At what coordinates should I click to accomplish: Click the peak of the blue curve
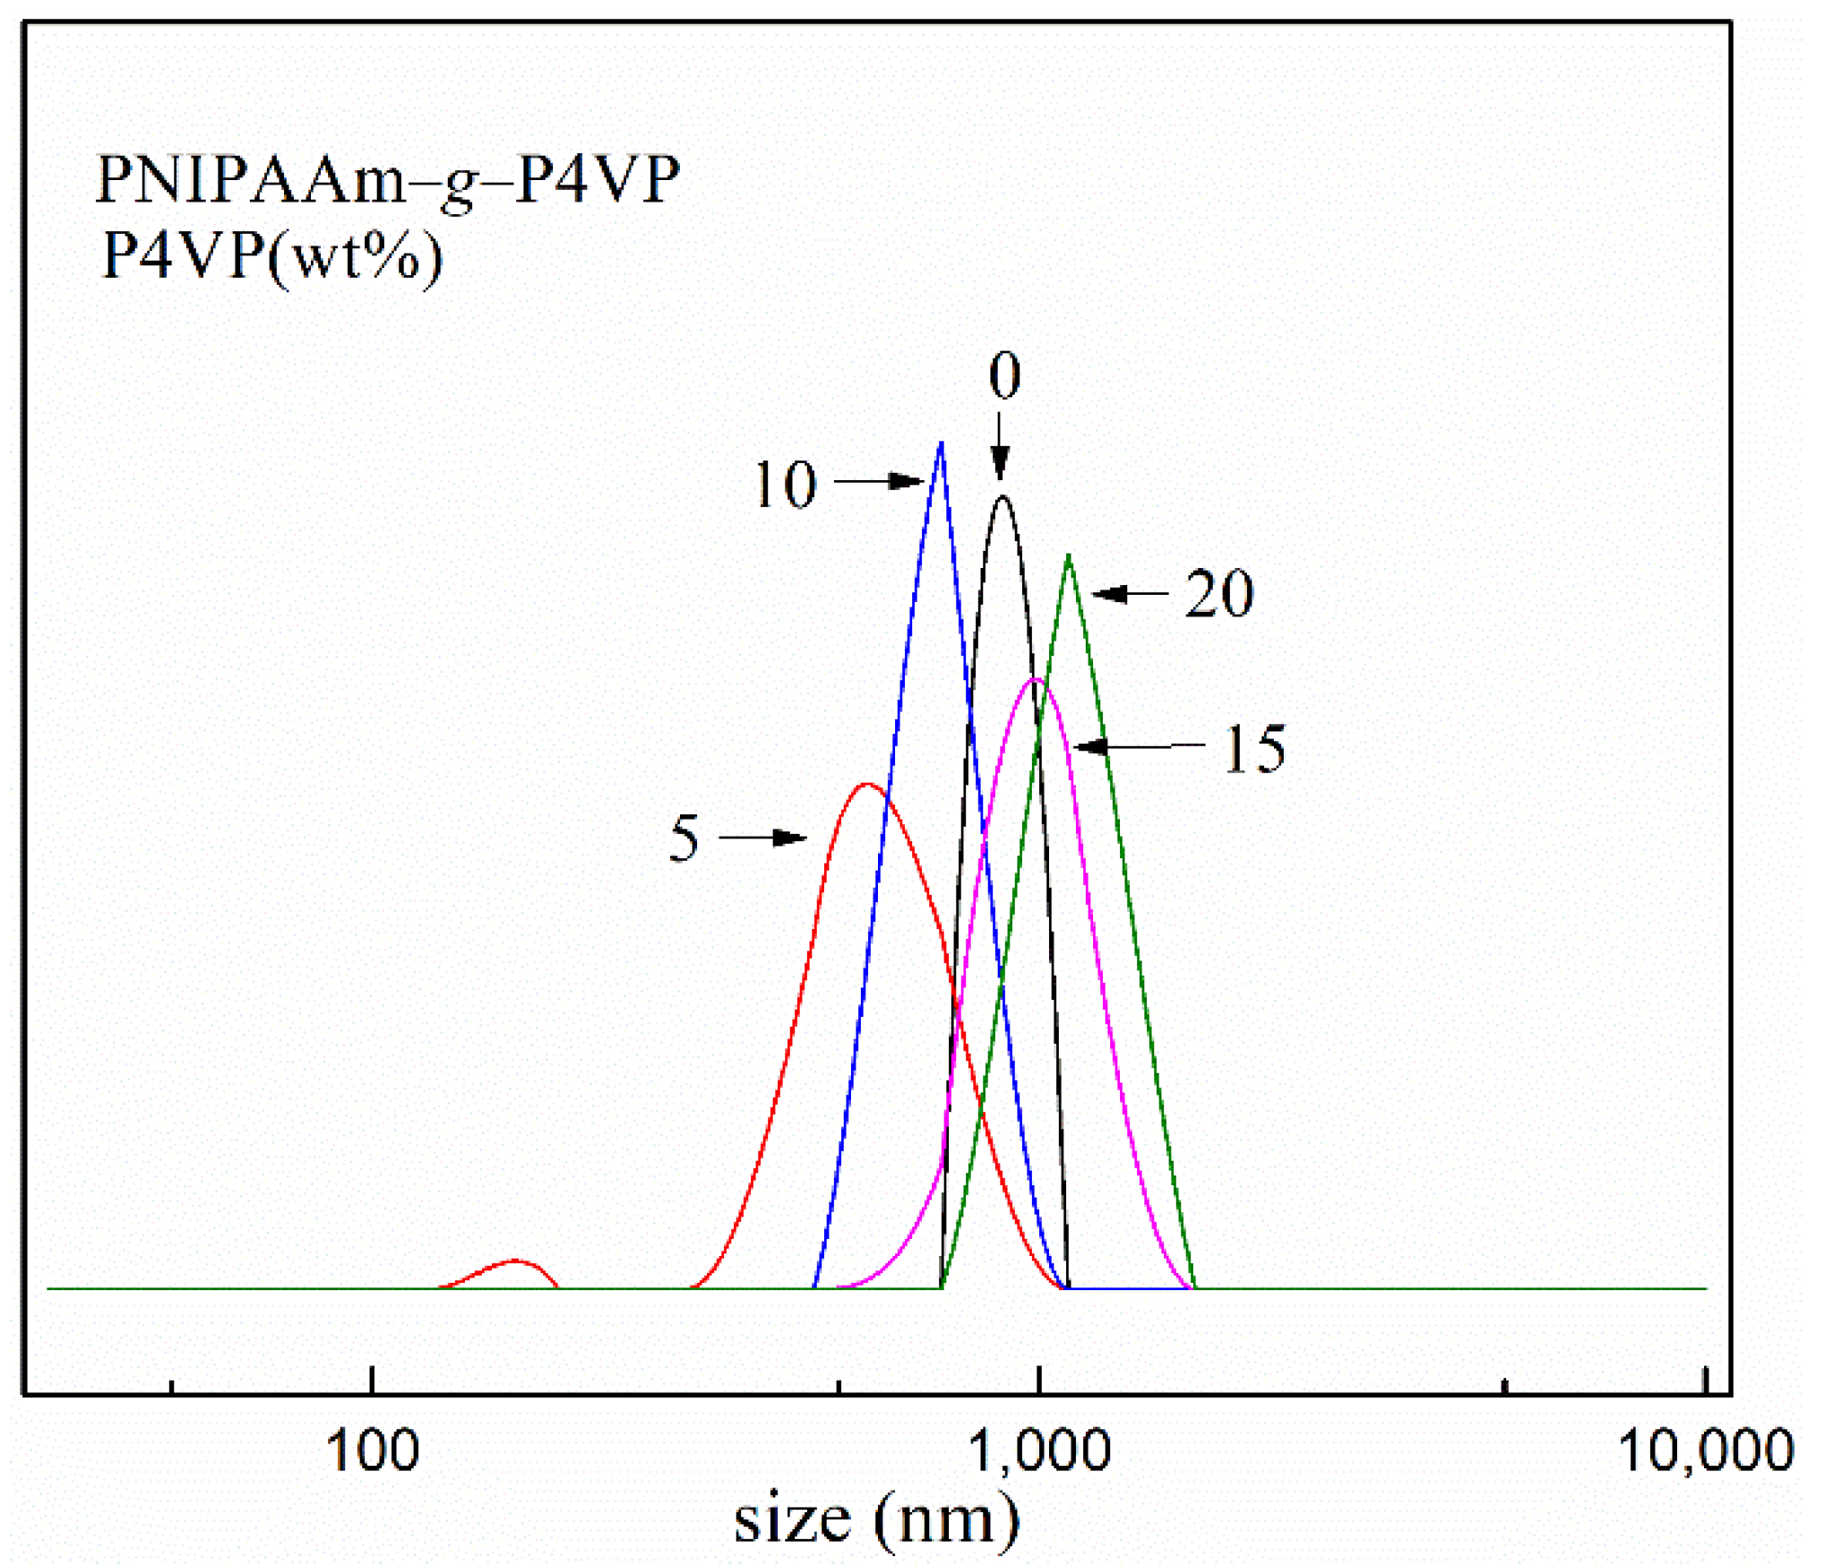coord(940,443)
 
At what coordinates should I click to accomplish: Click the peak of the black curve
coord(1003,497)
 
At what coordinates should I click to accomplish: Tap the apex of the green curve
coord(1068,556)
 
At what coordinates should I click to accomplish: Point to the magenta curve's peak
coord(1036,680)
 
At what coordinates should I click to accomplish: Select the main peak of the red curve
coord(866,785)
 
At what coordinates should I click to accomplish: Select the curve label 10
coord(786,485)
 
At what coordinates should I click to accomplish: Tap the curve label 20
coord(1218,593)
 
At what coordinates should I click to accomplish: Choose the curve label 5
coord(684,839)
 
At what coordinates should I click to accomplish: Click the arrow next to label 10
coord(878,482)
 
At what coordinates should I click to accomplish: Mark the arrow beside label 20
coord(1130,594)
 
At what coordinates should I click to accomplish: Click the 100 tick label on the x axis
coord(372,1450)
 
